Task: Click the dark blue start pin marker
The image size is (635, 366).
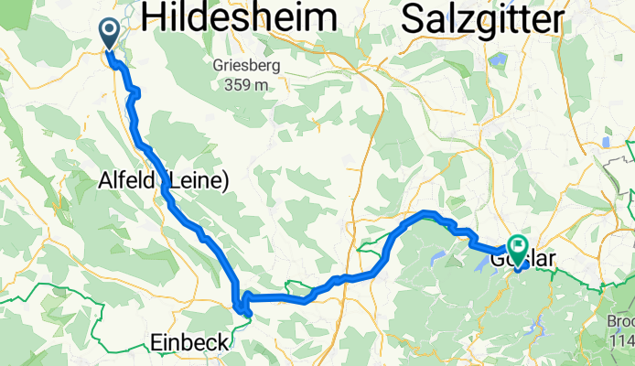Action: pos(109,33)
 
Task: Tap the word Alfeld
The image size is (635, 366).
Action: pos(129,182)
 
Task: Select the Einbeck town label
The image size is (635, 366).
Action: pos(188,342)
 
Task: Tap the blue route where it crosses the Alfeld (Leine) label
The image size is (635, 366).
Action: pos(167,182)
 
